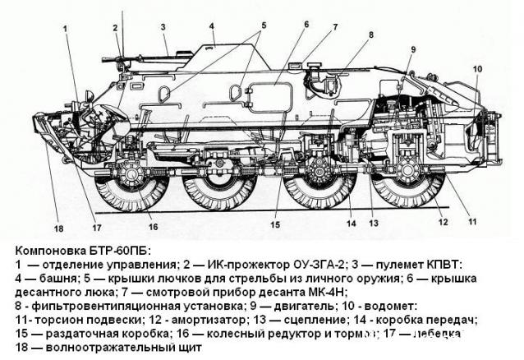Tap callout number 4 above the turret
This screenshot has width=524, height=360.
pos(211,25)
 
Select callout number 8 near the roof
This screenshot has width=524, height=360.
pos(370,35)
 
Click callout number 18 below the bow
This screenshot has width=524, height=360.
pos(58,228)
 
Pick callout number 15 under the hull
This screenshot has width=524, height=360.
pos(275,224)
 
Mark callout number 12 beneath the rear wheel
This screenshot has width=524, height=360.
pos(444,222)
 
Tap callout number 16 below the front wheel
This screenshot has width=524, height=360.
pos(153,227)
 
